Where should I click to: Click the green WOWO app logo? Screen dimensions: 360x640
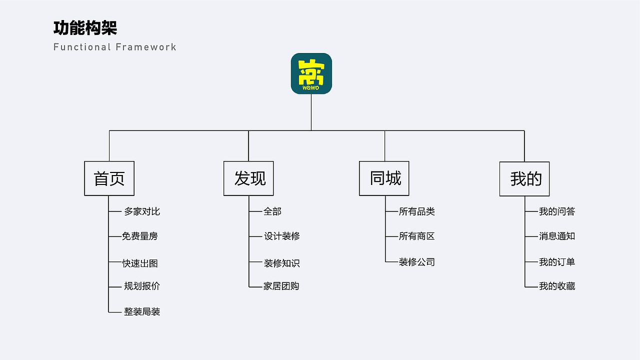[x=311, y=73]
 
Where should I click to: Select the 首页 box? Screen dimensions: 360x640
[x=109, y=178]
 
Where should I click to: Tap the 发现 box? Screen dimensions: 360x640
[x=248, y=178]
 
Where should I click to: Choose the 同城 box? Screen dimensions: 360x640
[x=384, y=178]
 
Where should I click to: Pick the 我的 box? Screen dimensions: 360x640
[x=524, y=179]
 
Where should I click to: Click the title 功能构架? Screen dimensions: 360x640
[x=85, y=28]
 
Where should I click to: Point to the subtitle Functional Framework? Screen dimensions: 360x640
[x=115, y=47]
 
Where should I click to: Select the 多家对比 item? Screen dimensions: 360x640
[x=142, y=211]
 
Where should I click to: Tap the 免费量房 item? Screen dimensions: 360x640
[x=140, y=236]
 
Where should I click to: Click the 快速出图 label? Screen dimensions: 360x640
[x=140, y=263]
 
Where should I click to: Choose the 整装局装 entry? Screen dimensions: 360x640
[x=142, y=311]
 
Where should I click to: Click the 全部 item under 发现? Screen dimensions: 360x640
[x=272, y=211]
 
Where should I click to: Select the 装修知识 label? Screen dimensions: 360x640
[x=282, y=263]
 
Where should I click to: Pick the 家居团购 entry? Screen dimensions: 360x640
[x=281, y=286]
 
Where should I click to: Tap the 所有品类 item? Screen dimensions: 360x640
[x=417, y=211]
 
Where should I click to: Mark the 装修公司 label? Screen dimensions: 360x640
[x=417, y=262]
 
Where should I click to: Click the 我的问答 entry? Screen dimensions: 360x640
[x=557, y=211]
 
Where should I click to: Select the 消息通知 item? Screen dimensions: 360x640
[x=557, y=236]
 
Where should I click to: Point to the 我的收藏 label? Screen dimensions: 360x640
[x=557, y=286]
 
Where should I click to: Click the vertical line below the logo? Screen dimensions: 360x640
[x=311, y=112]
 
